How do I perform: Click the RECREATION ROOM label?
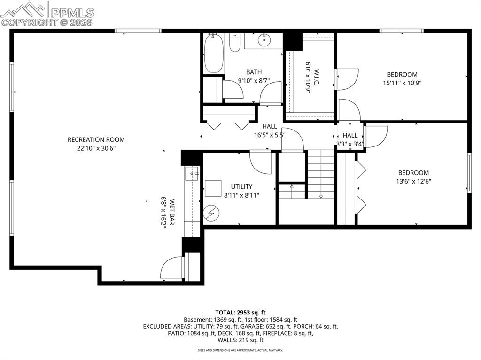pos(96,139)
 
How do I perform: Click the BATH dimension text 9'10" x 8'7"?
pos(254,81)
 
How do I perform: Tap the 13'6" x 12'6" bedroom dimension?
pos(413,181)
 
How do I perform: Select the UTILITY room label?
pos(241,186)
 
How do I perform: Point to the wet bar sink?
pos(193,173)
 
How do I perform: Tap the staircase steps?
pos(321,174)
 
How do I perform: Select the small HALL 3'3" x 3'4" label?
pos(350,135)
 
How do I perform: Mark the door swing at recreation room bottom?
pos(172,268)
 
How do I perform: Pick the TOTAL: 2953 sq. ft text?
pos(240,312)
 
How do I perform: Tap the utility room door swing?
pos(260,162)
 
